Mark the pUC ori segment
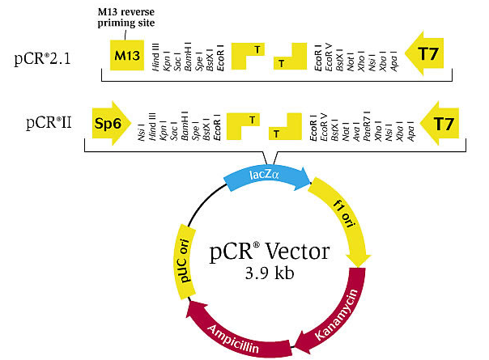click(x=183, y=258)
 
